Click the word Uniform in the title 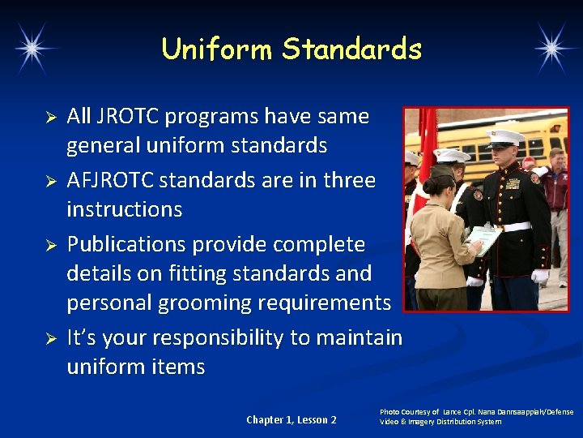217,49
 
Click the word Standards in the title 352,49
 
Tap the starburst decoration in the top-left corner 32,48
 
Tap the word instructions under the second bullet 125,209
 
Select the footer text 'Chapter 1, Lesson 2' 291,419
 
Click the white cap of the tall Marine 505,136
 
